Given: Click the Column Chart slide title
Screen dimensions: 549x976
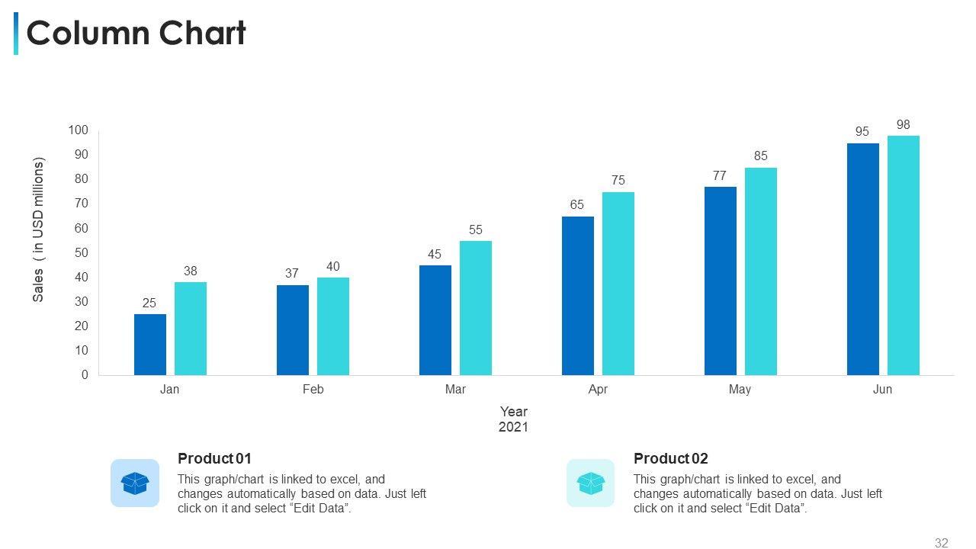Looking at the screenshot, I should pyautogui.click(x=136, y=34).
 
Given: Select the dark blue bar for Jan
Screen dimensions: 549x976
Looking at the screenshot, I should pyautogui.click(x=150, y=345).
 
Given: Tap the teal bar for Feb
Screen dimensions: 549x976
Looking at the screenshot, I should pyautogui.click(x=333, y=326).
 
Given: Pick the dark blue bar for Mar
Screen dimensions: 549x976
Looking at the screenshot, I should pyautogui.click(x=435, y=320).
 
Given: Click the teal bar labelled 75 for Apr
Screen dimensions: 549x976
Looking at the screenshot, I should pyautogui.click(x=618, y=284).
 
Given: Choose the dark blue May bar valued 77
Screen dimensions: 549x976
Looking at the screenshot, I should pyautogui.click(x=721, y=281).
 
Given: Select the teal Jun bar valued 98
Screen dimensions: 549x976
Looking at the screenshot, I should pyautogui.click(x=904, y=255).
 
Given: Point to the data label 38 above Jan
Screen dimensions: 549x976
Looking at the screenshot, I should pyautogui.click(x=191, y=271).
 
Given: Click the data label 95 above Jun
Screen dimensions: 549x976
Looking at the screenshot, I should pyautogui.click(x=862, y=131).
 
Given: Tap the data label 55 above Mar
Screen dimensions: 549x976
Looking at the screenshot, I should pyautogui.click(x=476, y=230).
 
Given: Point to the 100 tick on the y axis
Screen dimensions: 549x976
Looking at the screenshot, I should pyautogui.click(x=79, y=130).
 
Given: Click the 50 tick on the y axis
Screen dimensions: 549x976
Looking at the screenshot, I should pyautogui.click(x=82, y=252).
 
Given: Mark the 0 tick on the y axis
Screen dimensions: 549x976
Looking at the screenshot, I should pyautogui.click(x=85, y=375).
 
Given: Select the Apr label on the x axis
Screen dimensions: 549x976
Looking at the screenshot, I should pyautogui.click(x=598, y=390).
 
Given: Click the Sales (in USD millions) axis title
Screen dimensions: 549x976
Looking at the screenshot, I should pyautogui.click(x=39, y=230).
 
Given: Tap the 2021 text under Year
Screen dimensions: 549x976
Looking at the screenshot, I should pyautogui.click(x=513, y=427).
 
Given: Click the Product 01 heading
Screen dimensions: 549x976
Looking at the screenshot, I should pyautogui.click(x=214, y=458).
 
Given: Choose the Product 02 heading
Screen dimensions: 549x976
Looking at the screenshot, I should pyautogui.click(x=670, y=458).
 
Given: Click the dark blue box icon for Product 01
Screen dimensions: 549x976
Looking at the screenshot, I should pyautogui.click(x=135, y=483).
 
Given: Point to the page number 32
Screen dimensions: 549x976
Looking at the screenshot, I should pyautogui.click(x=942, y=543).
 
